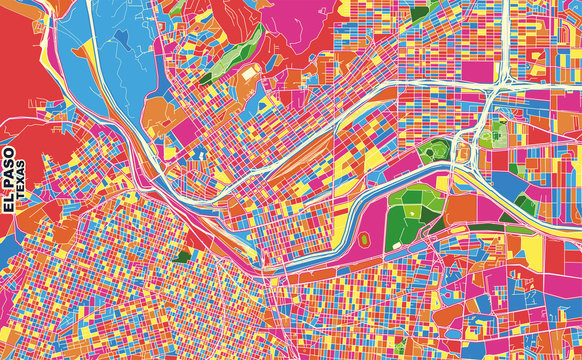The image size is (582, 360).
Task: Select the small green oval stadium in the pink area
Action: [363, 240]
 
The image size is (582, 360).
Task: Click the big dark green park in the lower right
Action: [410, 210]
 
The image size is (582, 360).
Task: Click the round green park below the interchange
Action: [432, 153]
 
